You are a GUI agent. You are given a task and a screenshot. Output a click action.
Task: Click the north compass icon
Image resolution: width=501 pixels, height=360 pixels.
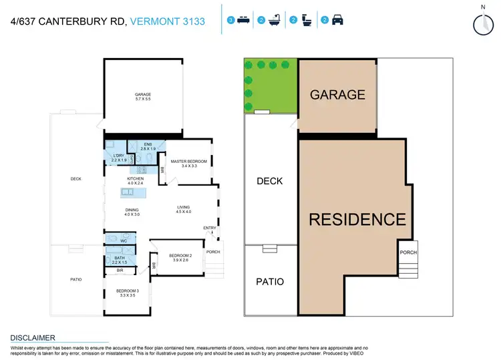coord(481,23)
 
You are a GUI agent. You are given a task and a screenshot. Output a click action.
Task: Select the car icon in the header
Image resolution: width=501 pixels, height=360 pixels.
coord(337,21)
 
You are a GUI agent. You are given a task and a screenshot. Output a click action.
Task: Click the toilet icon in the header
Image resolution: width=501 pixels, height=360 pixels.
coord(307,21)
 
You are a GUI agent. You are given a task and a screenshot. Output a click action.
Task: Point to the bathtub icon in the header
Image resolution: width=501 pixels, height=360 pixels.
coord(275,21)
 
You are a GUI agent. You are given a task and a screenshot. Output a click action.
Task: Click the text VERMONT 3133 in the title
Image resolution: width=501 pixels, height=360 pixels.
coord(176,21)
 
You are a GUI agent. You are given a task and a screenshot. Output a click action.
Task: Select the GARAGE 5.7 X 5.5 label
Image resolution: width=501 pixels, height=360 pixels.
coord(143,97)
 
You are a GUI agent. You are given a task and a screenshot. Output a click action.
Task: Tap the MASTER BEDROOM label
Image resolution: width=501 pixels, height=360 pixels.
coord(188,164)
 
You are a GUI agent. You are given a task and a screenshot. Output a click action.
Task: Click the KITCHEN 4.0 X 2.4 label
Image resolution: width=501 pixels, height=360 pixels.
coord(136,182)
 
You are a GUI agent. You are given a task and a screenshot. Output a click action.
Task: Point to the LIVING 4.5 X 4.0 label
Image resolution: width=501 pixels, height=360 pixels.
coord(184,210)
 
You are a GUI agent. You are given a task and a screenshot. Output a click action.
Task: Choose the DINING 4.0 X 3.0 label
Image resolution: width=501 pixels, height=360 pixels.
coord(132,212)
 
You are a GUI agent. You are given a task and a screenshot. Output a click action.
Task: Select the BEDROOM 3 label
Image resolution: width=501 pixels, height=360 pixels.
coord(127,293)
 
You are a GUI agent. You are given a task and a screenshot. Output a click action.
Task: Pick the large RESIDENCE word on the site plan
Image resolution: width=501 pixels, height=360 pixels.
coord(357,219)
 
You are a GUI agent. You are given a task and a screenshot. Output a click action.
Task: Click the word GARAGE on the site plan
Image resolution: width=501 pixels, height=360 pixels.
coord(337,95)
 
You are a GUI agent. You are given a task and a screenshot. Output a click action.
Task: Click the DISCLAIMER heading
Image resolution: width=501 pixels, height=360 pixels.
coord(33,338)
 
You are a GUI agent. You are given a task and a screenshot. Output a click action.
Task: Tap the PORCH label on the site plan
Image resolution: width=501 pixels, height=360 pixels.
coord(408,252)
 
